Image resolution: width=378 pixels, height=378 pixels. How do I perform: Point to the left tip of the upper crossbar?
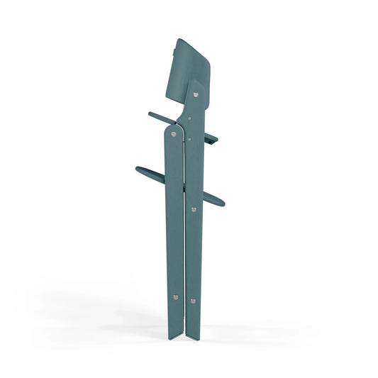(150, 113)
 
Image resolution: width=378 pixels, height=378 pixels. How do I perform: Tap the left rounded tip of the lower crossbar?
(137, 168)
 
